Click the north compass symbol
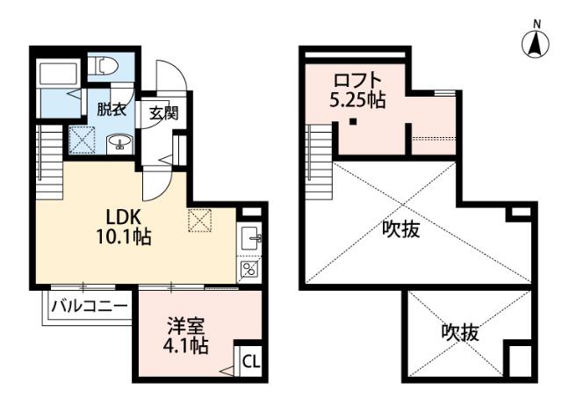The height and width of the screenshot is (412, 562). pos(532,44)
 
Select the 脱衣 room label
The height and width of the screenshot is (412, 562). pos(112,110)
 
